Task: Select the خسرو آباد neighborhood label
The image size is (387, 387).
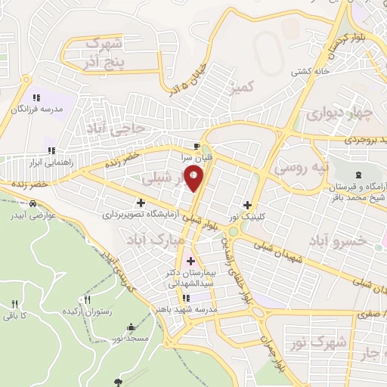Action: click(337, 240)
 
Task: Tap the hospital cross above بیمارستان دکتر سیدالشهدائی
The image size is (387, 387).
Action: click(190, 261)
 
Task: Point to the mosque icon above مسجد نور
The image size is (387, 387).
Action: click(132, 327)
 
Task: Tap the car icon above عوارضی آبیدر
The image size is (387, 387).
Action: click(34, 204)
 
